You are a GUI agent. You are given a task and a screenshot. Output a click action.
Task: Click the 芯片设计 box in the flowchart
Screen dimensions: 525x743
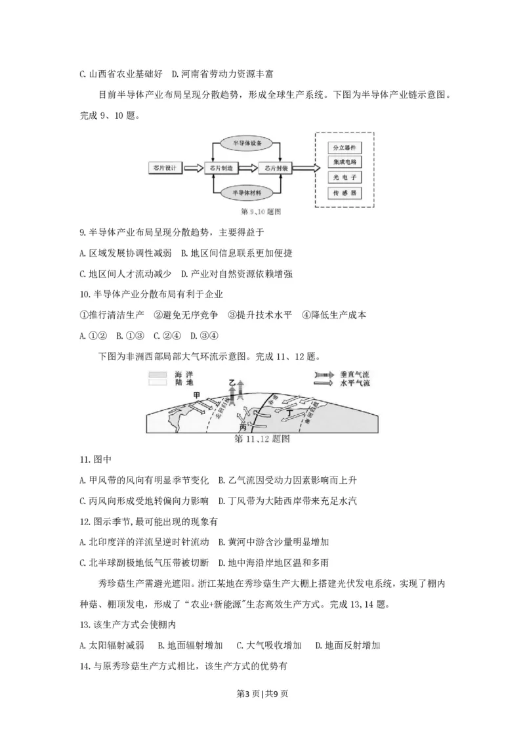coord(164,169)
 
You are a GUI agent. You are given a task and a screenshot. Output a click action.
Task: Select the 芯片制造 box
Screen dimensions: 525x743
coord(220,169)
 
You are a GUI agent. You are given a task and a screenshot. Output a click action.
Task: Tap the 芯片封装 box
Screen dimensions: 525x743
coord(274,169)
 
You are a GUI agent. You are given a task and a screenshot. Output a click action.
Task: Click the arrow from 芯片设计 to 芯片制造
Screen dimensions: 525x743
coord(194,169)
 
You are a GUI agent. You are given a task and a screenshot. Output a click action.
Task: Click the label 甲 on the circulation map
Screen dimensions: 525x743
coord(197,394)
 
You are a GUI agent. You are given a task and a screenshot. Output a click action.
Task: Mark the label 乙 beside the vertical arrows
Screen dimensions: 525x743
coord(230,381)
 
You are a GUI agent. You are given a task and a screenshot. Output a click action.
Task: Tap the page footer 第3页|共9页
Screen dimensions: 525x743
coord(262,709)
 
